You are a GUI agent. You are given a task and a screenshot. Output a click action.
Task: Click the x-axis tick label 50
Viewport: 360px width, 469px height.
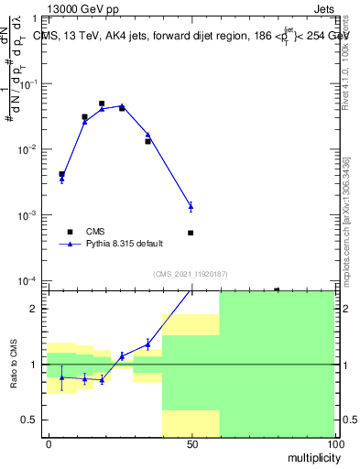[191, 443]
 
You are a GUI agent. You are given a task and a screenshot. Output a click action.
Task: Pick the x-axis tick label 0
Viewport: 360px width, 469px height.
[49, 443]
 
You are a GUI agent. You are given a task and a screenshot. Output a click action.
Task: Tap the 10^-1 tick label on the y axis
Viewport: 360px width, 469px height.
[31, 83]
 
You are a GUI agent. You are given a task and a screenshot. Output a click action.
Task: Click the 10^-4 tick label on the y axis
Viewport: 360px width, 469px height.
[31, 280]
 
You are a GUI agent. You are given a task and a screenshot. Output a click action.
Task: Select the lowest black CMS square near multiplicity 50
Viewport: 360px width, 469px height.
[191, 233]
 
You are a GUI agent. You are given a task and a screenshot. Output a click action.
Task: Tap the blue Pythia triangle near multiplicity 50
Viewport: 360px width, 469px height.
[191, 206]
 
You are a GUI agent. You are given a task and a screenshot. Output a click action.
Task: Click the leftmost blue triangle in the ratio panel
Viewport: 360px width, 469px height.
[61, 377]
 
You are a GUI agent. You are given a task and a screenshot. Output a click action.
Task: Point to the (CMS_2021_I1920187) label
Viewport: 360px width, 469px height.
[191, 274]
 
